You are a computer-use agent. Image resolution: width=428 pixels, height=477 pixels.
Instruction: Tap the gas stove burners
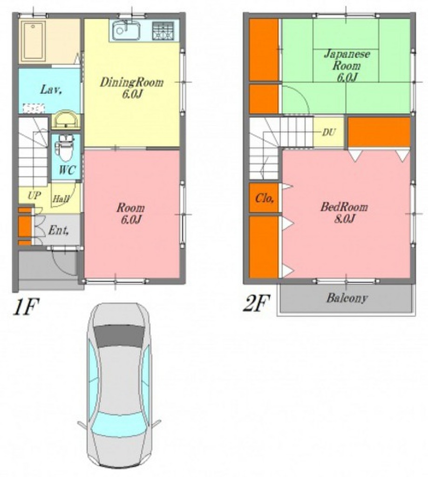pyautogui.click(x=163, y=31)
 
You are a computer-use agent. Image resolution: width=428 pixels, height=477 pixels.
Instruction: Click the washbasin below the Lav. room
pyautogui.click(x=65, y=119)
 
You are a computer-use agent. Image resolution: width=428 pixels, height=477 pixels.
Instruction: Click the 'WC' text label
pyautogui.click(x=67, y=170)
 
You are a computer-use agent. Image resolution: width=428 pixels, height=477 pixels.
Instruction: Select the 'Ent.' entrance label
pyautogui.click(x=58, y=230)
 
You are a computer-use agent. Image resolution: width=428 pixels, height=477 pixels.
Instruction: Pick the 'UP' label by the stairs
pyautogui.click(x=34, y=195)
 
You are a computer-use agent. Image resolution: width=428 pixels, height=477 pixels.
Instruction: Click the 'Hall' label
pyautogui.click(x=61, y=199)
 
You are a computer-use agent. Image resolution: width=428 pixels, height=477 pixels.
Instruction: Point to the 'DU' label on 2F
pyautogui.click(x=329, y=132)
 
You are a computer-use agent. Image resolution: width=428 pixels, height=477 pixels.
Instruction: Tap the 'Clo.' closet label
pyautogui.click(x=265, y=198)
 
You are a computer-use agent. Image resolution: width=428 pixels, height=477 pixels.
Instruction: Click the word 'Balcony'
pyautogui.click(x=347, y=298)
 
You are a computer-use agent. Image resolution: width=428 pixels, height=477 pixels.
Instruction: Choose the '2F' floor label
pyautogui.click(x=257, y=304)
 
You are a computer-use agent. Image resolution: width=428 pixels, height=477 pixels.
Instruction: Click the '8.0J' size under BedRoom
pyautogui.click(x=345, y=218)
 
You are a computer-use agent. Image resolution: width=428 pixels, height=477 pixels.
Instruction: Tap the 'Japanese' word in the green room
pyautogui.click(x=347, y=54)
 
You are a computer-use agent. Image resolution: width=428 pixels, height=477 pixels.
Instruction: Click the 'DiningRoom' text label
pyautogui.click(x=131, y=82)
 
